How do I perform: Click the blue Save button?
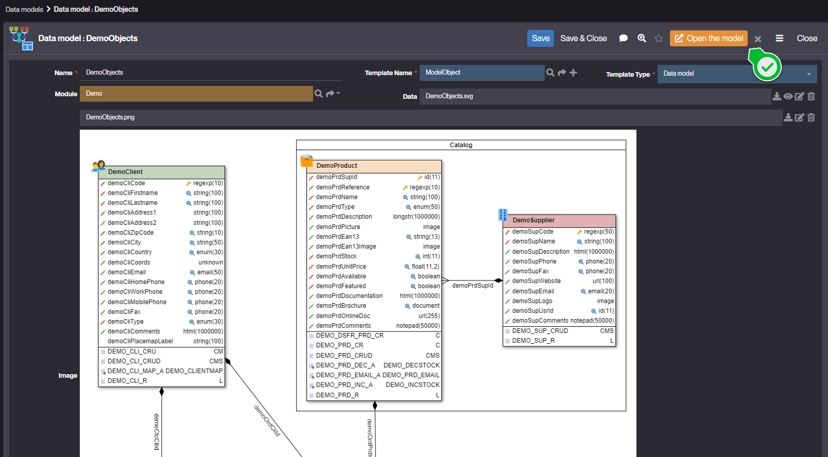[541, 39]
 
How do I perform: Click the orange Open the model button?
[709, 39]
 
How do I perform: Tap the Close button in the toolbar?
[806, 39]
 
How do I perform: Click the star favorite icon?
[659, 39]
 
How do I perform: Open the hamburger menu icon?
[779, 39]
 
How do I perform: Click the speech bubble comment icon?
[623, 39]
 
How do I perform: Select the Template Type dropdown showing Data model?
[736, 74]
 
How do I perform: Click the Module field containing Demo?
[196, 94]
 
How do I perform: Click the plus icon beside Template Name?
[573, 73]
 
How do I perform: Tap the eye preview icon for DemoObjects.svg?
[788, 96]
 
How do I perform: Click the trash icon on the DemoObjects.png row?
[811, 117]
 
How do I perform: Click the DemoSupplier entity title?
[533, 220]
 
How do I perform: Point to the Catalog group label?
[461, 145]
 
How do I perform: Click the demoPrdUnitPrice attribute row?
[374, 267]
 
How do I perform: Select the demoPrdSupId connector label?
[472, 286]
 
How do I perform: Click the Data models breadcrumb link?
[24, 9]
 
